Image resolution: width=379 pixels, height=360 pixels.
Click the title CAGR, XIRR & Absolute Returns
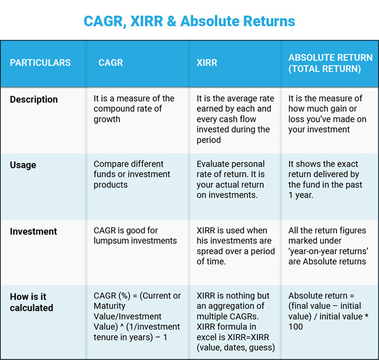[x=189, y=21]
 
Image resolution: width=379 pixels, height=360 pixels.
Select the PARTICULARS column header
[x=40, y=63]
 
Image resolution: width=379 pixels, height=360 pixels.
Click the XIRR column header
[x=208, y=63]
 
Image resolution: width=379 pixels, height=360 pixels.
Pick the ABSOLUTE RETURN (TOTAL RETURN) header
[x=330, y=63]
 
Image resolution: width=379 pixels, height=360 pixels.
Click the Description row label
[x=34, y=99]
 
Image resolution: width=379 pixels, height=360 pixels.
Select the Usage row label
[x=23, y=165]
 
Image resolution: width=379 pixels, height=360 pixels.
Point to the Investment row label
[x=33, y=232]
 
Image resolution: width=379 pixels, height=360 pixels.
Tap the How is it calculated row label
[x=32, y=302]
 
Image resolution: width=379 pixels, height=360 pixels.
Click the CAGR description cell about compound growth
[x=134, y=109]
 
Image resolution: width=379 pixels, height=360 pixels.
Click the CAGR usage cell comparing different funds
[x=129, y=175]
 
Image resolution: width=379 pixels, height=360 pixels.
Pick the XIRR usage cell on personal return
[x=231, y=179]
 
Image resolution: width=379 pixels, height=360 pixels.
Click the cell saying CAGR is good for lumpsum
[x=135, y=235]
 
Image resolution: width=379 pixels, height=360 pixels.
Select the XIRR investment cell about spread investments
[x=234, y=246]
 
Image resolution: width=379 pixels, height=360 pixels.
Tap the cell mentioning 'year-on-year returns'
[x=327, y=246]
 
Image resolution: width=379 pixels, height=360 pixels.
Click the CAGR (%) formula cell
[x=137, y=317]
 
